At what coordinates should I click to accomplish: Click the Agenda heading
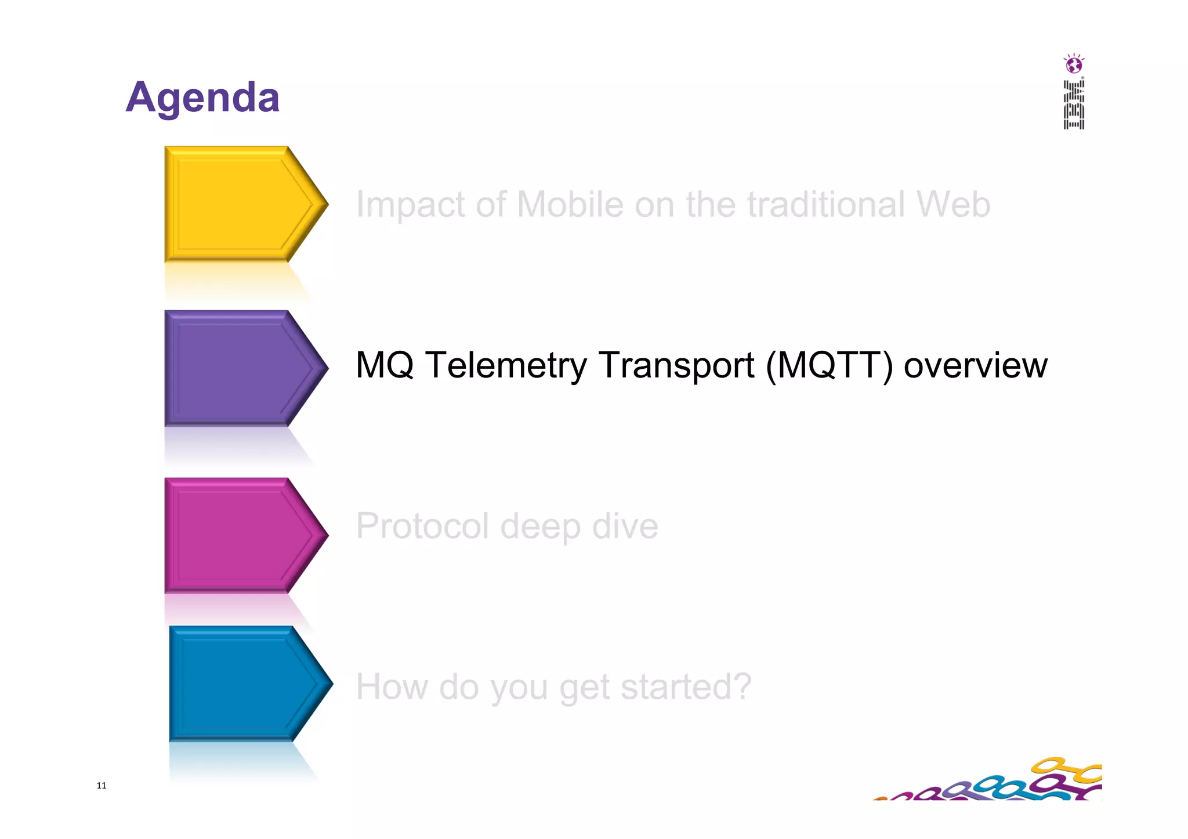202,97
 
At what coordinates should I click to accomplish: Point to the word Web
953,205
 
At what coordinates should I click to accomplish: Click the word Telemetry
506,365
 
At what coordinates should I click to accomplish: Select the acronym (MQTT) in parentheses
829,365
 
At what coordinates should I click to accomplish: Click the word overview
975,365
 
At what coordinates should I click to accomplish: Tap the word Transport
676,365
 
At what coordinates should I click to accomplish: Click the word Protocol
422,526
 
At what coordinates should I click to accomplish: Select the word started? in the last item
686,687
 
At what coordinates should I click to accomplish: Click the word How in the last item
392,687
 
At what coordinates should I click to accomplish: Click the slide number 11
102,786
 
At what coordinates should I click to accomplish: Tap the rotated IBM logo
1074,105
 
